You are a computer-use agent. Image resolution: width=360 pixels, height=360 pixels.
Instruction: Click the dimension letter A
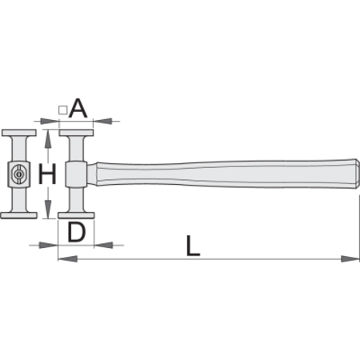78,108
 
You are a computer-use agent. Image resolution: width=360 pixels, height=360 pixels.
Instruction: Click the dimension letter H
47,174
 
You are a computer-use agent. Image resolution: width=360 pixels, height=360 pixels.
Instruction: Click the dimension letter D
77,232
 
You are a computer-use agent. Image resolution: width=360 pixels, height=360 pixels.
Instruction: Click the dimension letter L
193,246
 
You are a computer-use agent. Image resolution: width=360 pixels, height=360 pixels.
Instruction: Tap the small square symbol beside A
62,110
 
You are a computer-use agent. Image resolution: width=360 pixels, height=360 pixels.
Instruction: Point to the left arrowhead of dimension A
50,122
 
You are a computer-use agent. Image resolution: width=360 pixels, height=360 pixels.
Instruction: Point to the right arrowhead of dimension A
102,122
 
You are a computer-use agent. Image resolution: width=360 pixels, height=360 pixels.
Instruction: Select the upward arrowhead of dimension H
48,138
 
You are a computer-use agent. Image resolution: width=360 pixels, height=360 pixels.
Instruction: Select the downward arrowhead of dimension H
48,210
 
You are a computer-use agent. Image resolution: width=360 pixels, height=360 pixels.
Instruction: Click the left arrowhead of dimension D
48,245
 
